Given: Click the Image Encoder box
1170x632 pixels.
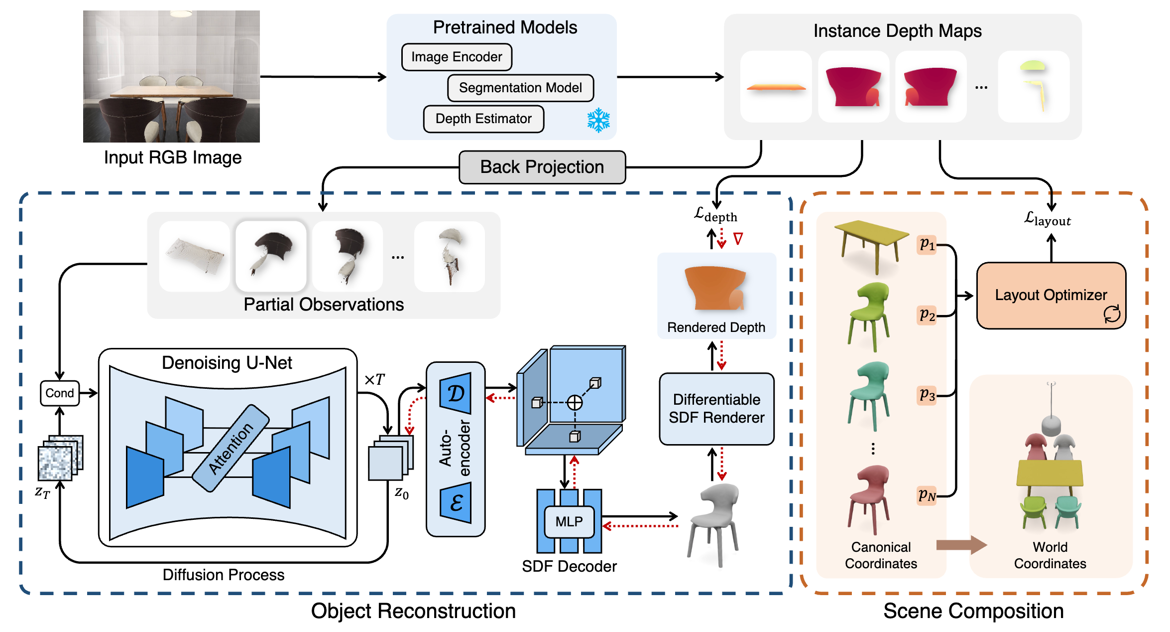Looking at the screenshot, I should [457, 57].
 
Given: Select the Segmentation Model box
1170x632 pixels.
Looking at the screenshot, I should [520, 88].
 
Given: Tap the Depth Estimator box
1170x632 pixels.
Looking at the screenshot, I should [483, 119].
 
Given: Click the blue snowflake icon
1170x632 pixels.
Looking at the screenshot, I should [598, 120].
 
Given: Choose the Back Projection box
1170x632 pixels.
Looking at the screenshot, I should [542, 167].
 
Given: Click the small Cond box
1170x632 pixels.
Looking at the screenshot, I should [60, 393].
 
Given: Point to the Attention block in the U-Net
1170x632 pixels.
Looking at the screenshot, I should [231, 448].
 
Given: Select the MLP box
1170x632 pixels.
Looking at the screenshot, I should [569, 521].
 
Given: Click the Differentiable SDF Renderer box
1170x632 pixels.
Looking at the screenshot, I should [716, 409].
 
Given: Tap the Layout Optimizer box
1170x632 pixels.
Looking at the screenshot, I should [1051, 295].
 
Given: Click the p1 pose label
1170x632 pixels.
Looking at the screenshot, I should [927, 244].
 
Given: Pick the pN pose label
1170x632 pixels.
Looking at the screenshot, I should [927, 495].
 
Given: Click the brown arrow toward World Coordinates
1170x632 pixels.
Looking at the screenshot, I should [961, 545].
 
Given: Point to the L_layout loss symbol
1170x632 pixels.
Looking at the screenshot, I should [1047, 219].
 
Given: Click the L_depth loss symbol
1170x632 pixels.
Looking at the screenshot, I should [715, 215].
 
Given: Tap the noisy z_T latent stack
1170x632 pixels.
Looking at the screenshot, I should [60, 458].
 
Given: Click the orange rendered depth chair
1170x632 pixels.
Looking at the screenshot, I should [715, 288].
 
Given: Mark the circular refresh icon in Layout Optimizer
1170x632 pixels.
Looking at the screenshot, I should [1112, 314].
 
